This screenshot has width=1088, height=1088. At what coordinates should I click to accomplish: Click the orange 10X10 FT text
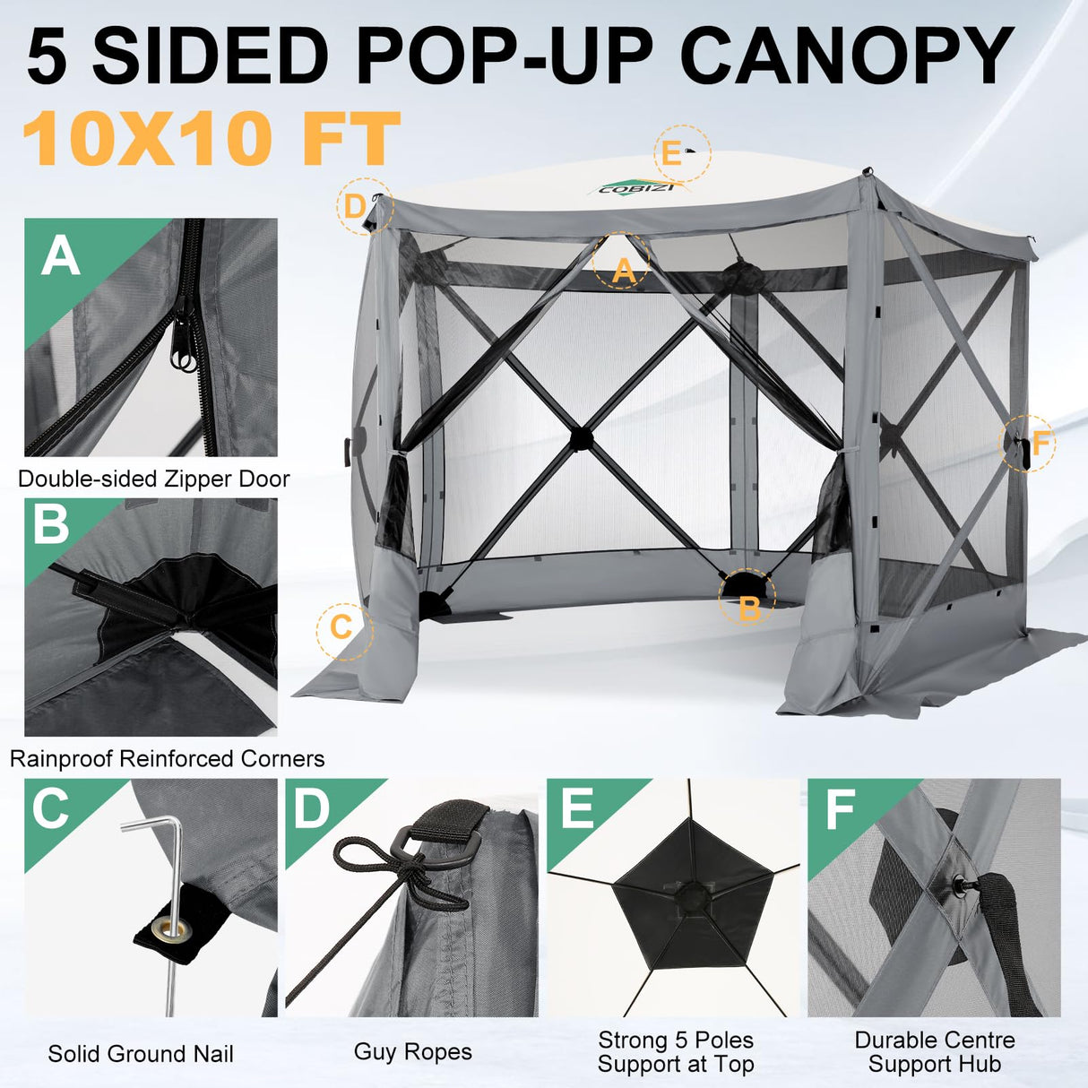pos(211,140)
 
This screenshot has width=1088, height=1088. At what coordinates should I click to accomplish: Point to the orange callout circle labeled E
pos(682,153)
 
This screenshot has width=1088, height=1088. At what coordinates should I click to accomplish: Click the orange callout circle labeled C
pos(342,626)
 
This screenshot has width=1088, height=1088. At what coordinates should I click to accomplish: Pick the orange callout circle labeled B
pos(747,598)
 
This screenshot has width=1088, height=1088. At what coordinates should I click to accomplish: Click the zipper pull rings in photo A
pos(186,358)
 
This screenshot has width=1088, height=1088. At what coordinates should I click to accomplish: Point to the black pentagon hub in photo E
pos(692,896)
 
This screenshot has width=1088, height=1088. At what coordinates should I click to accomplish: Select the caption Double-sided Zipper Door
pos(154,479)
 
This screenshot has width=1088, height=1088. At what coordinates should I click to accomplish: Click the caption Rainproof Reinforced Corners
pos(168,759)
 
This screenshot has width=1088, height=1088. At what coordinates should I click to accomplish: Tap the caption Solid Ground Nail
pos(141,1054)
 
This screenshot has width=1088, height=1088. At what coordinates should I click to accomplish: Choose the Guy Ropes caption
pos(412,1051)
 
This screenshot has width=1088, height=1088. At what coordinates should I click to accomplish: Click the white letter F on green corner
pos(841,809)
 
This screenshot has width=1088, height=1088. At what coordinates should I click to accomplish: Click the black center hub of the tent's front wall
pos(581,436)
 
